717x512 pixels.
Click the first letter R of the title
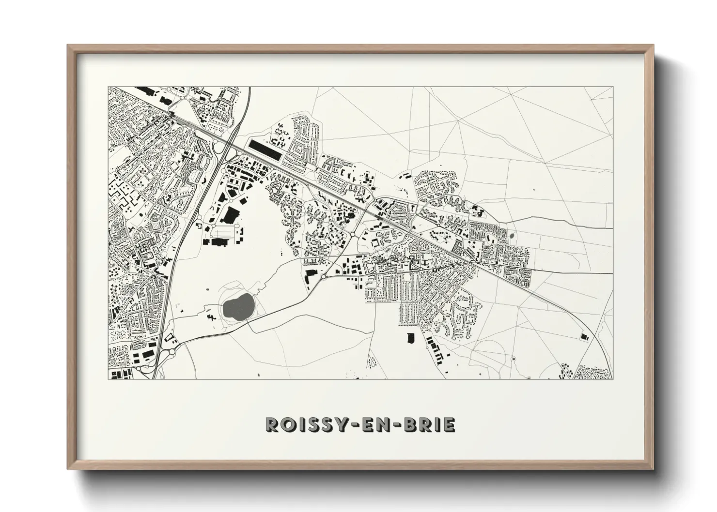[271, 424]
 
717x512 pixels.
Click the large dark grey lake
[237, 307]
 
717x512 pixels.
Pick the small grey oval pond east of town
[513, 237]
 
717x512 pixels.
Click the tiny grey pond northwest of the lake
[208, 290]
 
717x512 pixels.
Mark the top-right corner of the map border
[612, 87]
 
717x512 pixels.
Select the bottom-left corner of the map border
[108, 379]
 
